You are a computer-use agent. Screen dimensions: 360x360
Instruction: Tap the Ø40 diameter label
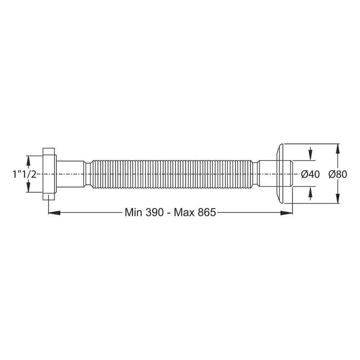tap(310, 174)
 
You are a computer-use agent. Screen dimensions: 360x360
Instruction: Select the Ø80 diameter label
tap(338, 174)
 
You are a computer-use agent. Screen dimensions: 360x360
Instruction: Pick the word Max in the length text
tap(184, 212)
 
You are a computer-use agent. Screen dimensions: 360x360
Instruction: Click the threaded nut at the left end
tap(49, 174)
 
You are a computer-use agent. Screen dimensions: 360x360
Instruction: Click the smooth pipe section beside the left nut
tap(71, 174)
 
